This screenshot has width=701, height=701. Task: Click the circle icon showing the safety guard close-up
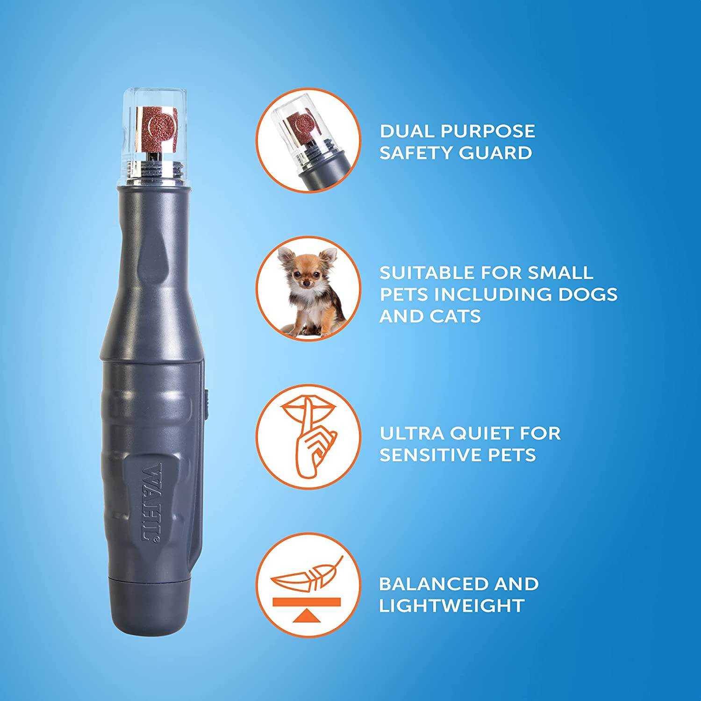[x=308, y=140]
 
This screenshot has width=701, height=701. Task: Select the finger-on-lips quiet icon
[x=308, y=437]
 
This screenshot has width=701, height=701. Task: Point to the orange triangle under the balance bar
[x=308, y=615]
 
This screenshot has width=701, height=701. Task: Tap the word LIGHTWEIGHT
[x=451, y=606]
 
